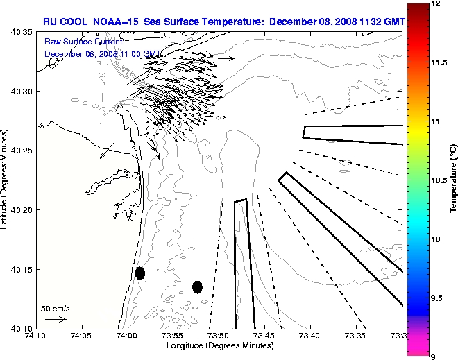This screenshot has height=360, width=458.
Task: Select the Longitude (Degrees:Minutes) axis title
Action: coord(219,345)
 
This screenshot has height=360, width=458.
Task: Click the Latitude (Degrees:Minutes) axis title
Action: coord(6,180)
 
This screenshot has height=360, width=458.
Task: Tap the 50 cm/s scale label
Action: coord(56,308)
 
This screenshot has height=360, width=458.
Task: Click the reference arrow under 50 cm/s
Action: coord(55,319)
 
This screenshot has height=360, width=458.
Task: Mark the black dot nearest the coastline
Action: coord(140,273)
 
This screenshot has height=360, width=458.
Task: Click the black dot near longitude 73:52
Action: coord(197,286)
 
